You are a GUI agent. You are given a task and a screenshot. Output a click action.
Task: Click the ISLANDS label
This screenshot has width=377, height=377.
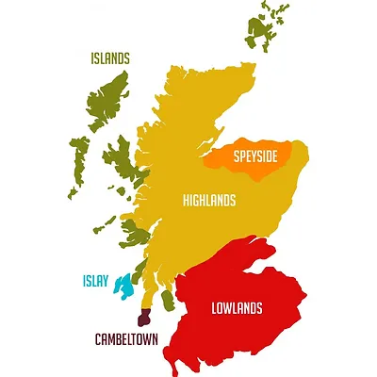click(110, 58)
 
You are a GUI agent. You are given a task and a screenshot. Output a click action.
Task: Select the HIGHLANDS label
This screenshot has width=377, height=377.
click(209, 201)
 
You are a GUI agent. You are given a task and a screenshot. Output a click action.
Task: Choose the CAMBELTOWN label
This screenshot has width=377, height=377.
click(126, 338)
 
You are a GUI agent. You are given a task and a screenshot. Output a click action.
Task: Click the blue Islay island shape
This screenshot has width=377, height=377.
click(123, 284)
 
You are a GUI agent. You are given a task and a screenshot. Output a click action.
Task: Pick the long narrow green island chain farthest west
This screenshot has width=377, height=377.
click(76, 165)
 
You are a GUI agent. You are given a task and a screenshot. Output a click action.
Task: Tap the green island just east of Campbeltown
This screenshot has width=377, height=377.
click(168, 301)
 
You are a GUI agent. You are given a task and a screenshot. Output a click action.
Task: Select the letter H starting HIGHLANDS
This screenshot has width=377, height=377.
click(186, 201)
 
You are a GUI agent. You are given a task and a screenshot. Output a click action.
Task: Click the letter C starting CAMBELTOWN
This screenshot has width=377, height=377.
click(97, 338)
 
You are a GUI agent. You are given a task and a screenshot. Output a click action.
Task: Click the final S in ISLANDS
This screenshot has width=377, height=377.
click(127, 58)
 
